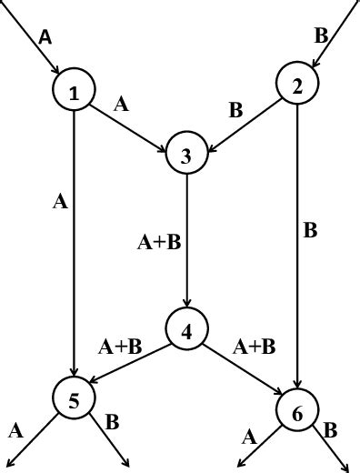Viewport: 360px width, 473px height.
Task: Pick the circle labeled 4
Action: [x=186, y=330]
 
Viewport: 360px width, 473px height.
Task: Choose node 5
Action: [x=75, y=398]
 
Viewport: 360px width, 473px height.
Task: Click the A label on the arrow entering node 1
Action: [x=45, y=37]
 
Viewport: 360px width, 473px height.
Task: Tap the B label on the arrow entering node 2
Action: [x=320, y=36]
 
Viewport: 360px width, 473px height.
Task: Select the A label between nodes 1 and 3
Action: [x=122, y=104]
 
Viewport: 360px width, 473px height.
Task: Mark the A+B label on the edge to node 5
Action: [x=120, y=346]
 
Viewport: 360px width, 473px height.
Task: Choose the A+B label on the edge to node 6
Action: [x=254, y=346]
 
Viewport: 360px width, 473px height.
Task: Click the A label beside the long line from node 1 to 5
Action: [x=60, y=202]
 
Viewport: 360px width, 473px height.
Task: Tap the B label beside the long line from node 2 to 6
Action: [x=310, y=230]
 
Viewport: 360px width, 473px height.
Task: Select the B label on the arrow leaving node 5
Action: [x=113, y=422]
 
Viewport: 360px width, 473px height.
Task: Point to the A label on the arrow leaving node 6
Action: [x=249, y=437]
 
